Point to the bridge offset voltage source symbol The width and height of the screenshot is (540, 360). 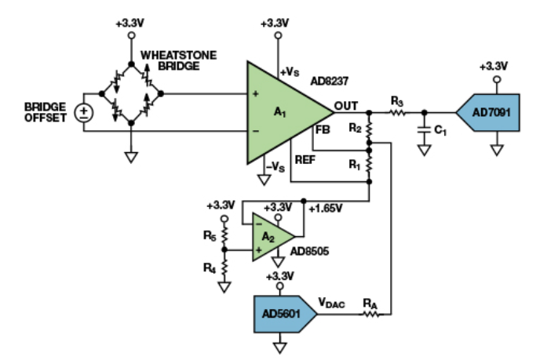(82, 112)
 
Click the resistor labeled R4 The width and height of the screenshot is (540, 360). (224, 267)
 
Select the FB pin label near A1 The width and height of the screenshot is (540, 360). (322, 131)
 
